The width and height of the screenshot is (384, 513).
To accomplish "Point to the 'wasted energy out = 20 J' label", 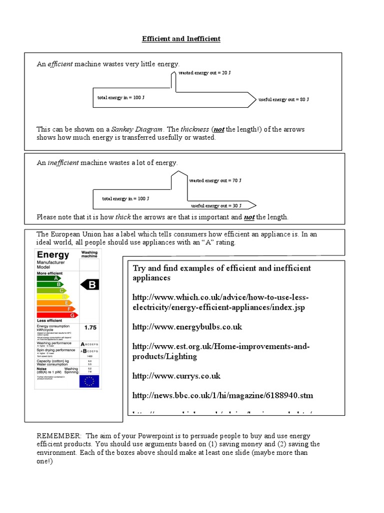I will (204, 73).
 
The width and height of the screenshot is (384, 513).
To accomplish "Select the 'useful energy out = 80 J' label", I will (283, 100).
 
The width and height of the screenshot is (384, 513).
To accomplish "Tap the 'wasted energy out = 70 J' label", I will (215, 180).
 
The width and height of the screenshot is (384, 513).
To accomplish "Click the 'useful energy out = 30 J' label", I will (216, 205).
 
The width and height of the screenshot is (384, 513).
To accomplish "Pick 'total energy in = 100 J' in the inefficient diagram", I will (125, 199).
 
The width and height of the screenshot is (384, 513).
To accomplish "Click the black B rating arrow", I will (90, 285).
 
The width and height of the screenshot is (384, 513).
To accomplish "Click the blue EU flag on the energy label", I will (89, 381).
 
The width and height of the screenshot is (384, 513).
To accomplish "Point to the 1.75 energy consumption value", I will (90, 327).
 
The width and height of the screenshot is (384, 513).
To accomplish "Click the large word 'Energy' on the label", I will (53, 254).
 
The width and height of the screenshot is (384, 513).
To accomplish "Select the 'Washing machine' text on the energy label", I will (89, 254).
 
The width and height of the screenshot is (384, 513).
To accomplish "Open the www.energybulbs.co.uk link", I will (187, 327).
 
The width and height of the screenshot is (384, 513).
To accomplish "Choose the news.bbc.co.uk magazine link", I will (222, 395).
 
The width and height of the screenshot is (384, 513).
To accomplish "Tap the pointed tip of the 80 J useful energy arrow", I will (256, 100).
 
